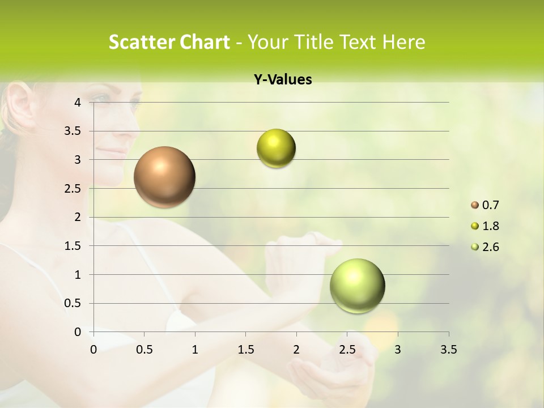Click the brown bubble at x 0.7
[164, 177]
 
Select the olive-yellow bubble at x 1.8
[276, 148]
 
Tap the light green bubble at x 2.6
[357, 286]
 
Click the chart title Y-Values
[282, 80]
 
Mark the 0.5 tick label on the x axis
[144, 350]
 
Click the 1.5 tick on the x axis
[246, 350]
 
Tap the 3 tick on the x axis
[398, 350]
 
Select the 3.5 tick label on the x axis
[448, 350]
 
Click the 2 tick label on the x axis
[296, 350]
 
